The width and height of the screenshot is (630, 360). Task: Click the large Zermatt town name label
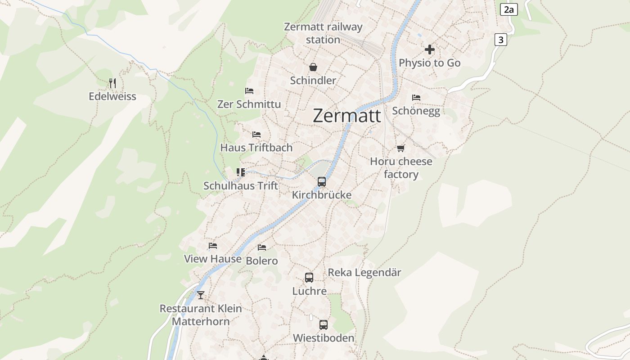(346, 116)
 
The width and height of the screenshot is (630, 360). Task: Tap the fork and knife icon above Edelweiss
(112, 83)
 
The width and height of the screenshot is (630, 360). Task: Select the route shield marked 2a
(508, 9)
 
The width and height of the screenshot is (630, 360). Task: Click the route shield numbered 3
(500, 40)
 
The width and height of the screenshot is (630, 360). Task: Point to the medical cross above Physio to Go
(430, 49)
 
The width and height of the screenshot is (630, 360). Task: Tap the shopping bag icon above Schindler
(313, 67)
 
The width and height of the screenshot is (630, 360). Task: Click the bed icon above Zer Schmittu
(249, 91)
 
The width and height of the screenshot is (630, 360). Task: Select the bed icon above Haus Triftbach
(256, 135)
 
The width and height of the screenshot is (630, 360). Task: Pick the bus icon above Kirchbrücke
(322, 182)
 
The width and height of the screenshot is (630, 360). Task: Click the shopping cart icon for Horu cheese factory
(400, 148)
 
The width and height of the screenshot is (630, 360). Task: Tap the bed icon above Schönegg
(416, 97)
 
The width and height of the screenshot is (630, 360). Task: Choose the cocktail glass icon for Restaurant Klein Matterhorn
(201, 295)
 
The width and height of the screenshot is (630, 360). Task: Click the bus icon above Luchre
(309, 278)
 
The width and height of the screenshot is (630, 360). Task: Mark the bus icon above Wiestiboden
(324, 324)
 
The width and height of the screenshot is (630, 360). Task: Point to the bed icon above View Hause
(213, 246)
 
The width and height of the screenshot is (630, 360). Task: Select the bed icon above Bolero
(262, 247)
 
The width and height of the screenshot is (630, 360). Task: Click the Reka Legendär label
(364, 273)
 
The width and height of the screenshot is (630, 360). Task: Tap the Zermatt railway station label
(323, 33)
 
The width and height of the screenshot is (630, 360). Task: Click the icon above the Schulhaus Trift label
(241, 172)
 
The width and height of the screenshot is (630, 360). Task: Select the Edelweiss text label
(112, 96)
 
